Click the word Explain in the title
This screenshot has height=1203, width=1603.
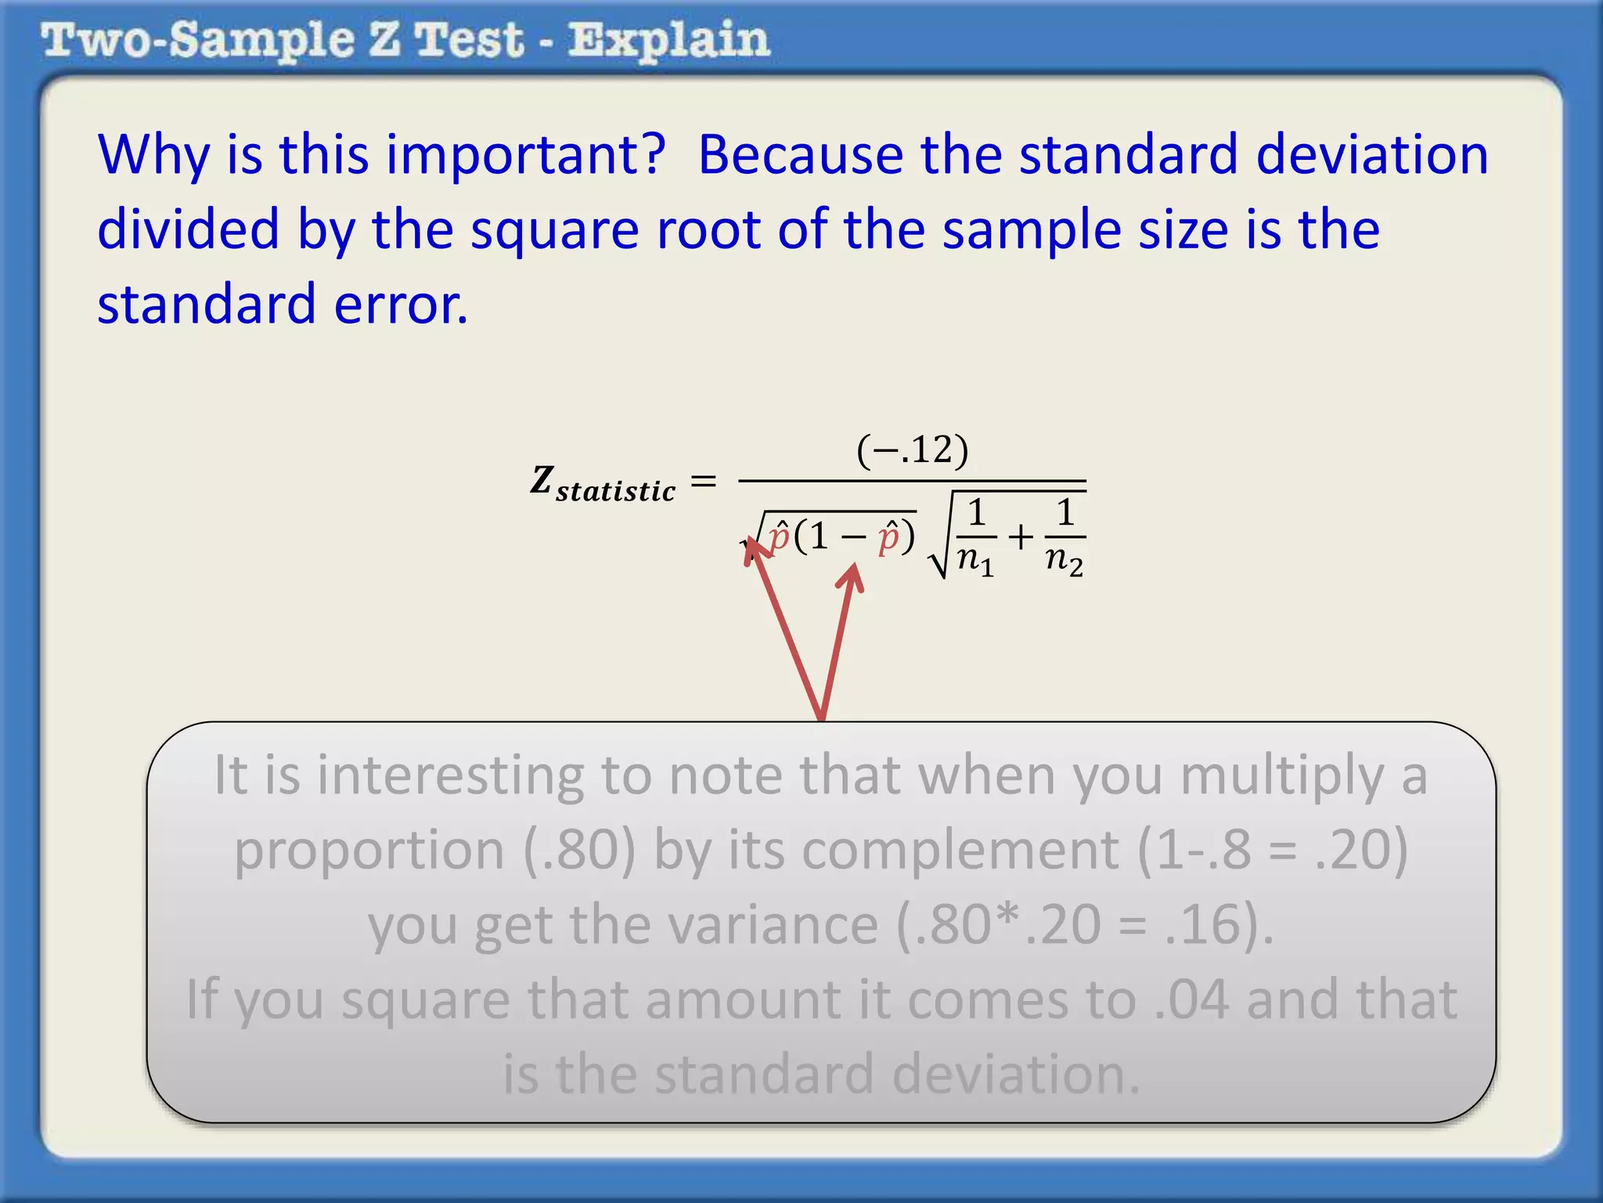tap(669, 41)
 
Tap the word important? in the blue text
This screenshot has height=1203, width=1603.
tap(525, 154)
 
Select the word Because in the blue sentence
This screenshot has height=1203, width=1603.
tap(800, 154)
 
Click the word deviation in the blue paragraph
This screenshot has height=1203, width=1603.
tap(1371, 154)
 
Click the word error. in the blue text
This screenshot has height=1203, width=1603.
tap(401, 305)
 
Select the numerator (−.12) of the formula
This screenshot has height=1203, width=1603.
tap(913, 450)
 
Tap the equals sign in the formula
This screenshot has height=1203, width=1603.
tap(704, 481)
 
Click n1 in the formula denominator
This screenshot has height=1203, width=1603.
tap(976, 559)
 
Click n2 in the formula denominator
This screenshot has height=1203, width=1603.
tap(1064, 559)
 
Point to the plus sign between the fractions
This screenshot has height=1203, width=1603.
tap(1021, 537)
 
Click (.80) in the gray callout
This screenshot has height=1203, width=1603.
tap(579, 850)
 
